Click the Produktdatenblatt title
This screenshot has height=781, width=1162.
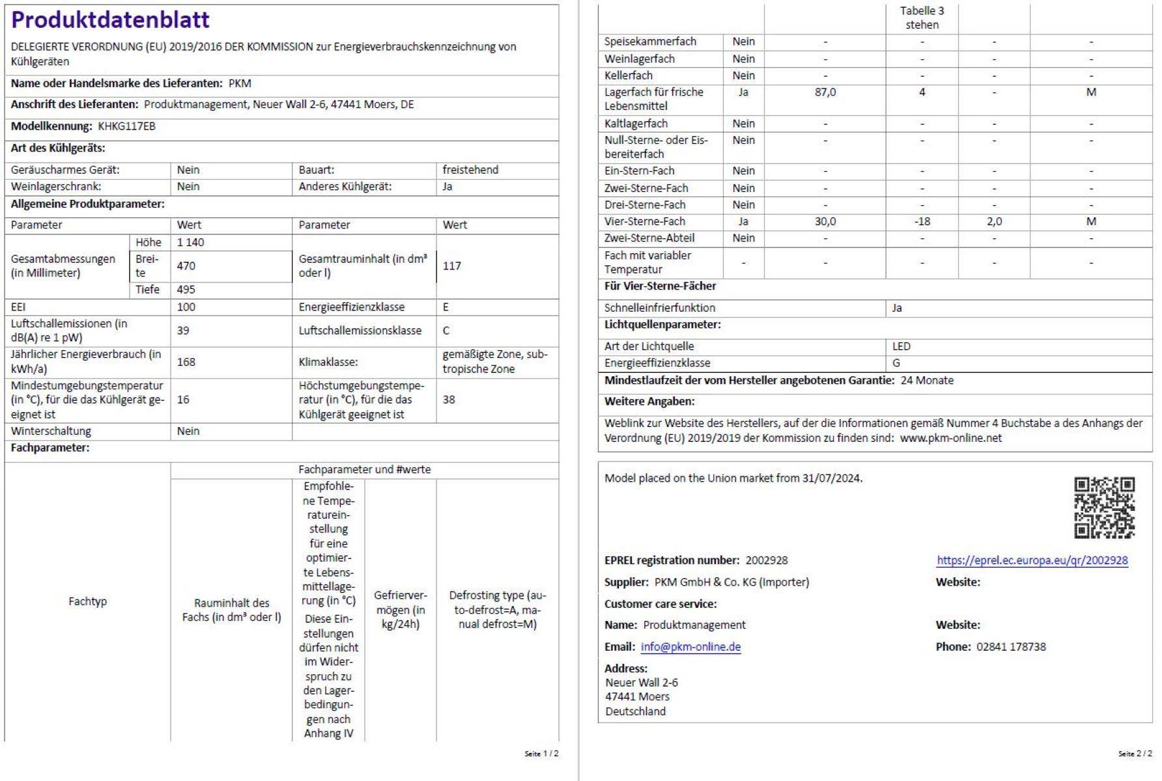point(110,20)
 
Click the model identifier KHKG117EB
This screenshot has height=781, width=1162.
point(126,126)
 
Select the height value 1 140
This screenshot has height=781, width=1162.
point(190,242)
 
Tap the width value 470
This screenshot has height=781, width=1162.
point(186,266)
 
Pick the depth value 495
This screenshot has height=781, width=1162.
point(186,290)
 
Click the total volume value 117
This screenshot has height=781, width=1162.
point(451,266)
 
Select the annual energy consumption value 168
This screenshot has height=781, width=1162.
point(186,362)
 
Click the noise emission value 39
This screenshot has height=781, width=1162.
point(183,331)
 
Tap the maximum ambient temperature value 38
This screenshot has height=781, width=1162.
point(449,400)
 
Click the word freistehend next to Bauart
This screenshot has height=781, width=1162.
point(470,170)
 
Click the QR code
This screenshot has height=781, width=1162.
point(1104,508)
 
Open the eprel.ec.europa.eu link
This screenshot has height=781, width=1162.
point(1032,560)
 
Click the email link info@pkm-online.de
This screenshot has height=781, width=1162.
point(690,647)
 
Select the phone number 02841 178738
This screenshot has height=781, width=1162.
point(1011,647)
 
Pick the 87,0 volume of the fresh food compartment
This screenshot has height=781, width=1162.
point(825,92)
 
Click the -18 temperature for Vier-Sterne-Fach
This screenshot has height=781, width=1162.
point(922,221)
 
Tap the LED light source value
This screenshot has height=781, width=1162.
point(901,346)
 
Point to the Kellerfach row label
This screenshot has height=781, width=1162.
point(628,75)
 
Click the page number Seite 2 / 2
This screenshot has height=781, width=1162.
point(1135,754)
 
